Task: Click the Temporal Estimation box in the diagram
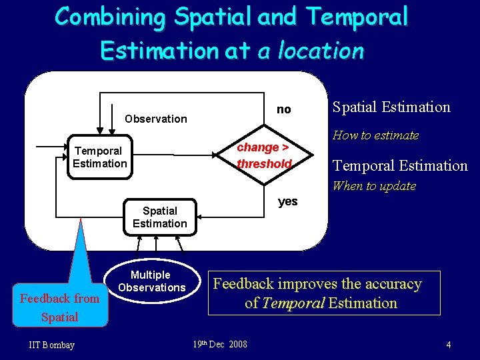pos(100,157)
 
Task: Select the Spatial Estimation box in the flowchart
pos(160,217)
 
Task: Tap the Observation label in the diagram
pos(156,119)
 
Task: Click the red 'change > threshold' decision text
pos(265,156)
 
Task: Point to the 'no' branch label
pos(284,109)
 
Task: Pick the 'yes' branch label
pos(287,201)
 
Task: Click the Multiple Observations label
pos(151,281)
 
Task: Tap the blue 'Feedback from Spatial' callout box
pos(60,307)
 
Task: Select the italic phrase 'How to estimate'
pos(375,135)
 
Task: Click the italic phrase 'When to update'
pos(374,186)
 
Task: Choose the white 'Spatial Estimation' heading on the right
pos(391,107)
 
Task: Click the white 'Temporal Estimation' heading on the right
pos(400,165)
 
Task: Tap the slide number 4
pos(449,345)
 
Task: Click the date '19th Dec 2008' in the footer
pos(220,344)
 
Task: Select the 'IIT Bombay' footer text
pos(52,345)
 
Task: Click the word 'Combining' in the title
pos(110,17)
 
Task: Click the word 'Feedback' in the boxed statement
pos(243,284)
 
